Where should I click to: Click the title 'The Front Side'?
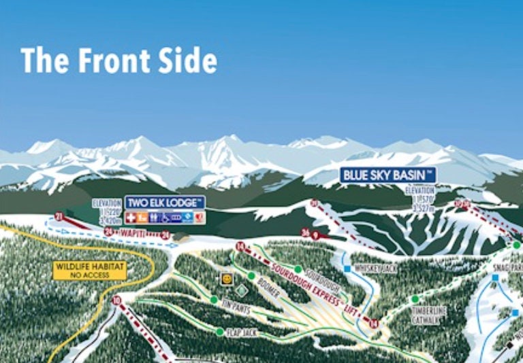click(x=119, y=60)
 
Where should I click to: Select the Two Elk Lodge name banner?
click(x=165, y=203)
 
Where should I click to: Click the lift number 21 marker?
click(x=59, y=217)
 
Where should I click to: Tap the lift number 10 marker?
click(x=116, y=300)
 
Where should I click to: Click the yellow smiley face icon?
click(x=226, y=279)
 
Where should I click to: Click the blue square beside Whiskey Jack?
click(x=347, y=269)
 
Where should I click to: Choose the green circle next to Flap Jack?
click(x=219, y=332)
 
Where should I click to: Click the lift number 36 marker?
click(x=306, y=232)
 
